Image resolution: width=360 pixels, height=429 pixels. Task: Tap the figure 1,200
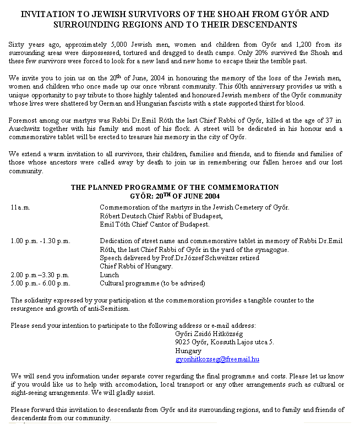300,43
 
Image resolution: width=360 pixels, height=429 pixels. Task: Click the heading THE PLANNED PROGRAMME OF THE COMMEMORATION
174,188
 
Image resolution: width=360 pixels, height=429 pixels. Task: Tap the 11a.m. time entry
20,207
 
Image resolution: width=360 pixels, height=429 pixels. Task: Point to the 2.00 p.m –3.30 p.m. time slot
40,275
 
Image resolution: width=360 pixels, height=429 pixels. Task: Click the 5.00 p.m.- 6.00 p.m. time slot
40,283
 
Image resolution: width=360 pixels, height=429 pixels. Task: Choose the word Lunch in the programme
109,275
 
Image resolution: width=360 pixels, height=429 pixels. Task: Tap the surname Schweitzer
215,258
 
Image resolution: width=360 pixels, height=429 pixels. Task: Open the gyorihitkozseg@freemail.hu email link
217,359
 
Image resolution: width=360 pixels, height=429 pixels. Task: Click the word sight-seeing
27,393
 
